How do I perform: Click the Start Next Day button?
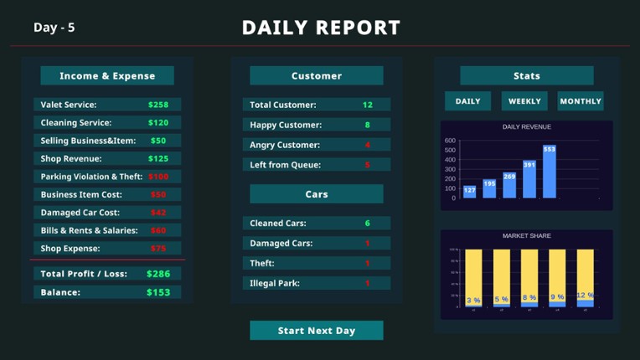(317, 331)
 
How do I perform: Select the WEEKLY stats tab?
(524, 101)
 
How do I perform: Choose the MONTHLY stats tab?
(581, 101)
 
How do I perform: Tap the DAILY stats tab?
(467, 101)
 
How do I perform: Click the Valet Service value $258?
(158, 105)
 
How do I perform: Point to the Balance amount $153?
(158, 292)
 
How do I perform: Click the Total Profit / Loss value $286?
(158, 274)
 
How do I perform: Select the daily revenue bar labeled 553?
(550, 172)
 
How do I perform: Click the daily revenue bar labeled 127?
(469, 192)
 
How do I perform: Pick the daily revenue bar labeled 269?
(509, 185)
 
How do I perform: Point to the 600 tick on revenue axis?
(450, 141)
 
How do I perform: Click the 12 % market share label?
(585, 296)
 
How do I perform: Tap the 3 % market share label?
(473, 300)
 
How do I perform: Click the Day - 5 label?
(54, 28)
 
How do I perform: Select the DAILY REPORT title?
(321, 28)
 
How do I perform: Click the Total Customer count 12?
(368, 105)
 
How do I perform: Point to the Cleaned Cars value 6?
(368, 224)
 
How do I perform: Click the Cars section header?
(317, 194)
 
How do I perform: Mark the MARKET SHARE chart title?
(527, 236)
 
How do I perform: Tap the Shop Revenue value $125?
(158, 158)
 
